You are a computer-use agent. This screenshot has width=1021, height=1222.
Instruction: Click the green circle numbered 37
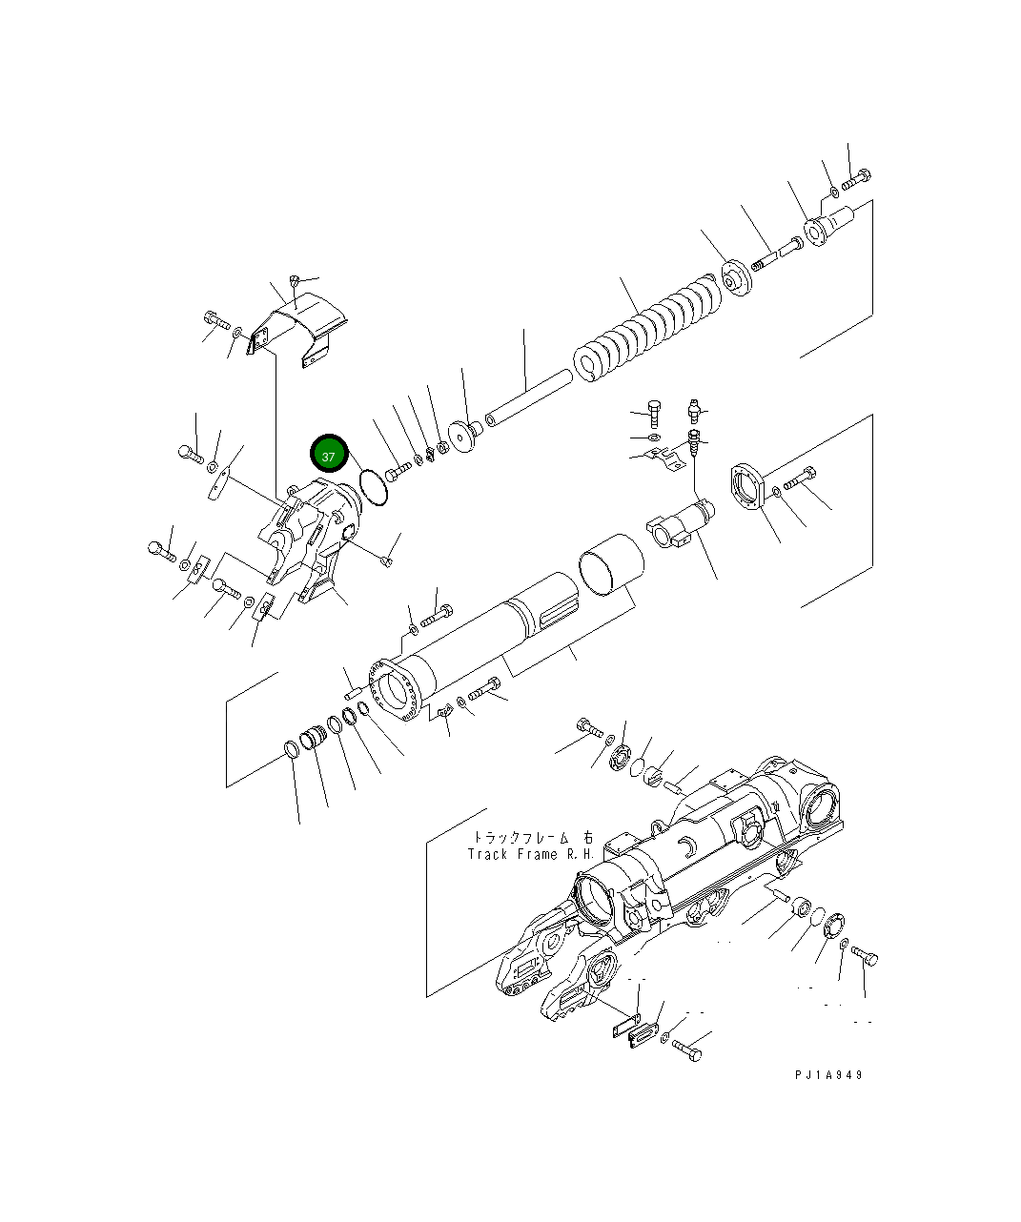tap(329, 457)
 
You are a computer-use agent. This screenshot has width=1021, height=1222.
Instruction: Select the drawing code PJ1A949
tap(828, 1074)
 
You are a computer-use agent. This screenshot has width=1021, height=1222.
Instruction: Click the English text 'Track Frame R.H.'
tap(530, 855)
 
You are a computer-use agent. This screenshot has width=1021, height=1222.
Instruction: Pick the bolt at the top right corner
tap(856, 177)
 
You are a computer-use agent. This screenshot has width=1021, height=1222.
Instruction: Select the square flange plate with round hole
tap(749, 487)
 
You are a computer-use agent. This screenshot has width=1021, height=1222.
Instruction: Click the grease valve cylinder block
tap(684, 525)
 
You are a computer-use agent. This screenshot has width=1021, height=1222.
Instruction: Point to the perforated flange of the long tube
tap(394, 689)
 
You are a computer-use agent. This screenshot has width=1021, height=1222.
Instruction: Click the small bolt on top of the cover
tap(295, 280)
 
